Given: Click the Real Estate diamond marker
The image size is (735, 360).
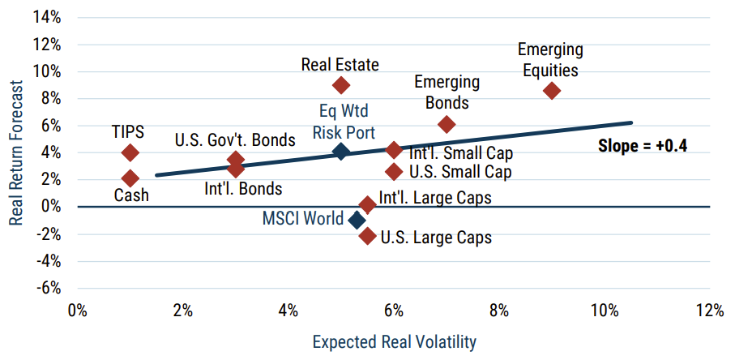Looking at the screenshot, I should tap(341, 85).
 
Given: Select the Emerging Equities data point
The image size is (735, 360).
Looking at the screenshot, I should tap(552, 91).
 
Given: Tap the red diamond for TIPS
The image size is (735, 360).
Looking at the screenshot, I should tap(130, 152).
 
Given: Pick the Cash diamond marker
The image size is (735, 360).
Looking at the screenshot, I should tap(130, 178).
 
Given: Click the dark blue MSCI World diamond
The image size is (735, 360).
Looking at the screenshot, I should tap(357, 220).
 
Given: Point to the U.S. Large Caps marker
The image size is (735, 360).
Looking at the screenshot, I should tap(367, 236).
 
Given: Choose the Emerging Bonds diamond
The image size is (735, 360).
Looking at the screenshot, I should tap(447, 124).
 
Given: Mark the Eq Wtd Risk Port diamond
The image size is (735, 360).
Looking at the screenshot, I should tap(341, 152).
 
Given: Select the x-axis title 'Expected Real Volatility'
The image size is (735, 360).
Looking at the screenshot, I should tap(395, 341).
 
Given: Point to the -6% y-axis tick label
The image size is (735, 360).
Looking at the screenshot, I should tap(49, 287).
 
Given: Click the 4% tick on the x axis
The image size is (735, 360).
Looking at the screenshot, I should tap(288, 311).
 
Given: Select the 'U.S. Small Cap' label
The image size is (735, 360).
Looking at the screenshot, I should tap(460, 172).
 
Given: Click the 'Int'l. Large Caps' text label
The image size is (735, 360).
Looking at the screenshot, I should tap(435, 197).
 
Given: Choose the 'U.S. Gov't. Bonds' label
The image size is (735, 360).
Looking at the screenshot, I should tap(229, 139).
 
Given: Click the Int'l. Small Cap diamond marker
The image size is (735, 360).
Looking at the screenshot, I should tap(394, 150).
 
